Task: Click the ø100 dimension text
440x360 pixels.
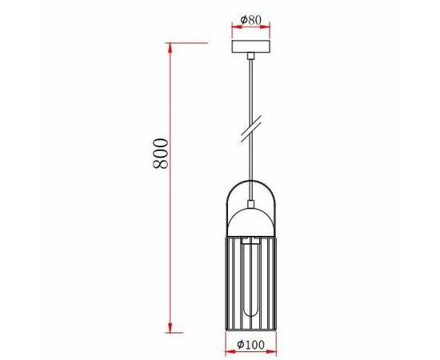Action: point(250,345)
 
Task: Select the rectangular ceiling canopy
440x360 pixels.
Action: point(251,46)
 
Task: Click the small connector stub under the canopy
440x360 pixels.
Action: point(251,56)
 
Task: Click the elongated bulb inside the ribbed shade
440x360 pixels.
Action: point(250,276)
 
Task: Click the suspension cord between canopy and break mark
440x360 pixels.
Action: point(251,88)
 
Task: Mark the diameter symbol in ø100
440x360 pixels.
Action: point(241,345)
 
